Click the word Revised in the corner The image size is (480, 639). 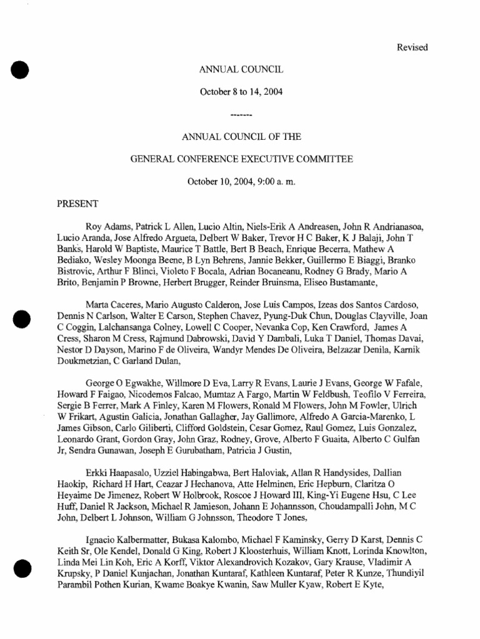(x=412, y=47)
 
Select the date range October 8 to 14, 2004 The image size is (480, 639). (x=241, y=92)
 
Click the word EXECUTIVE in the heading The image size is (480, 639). (x=284, y=159)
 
